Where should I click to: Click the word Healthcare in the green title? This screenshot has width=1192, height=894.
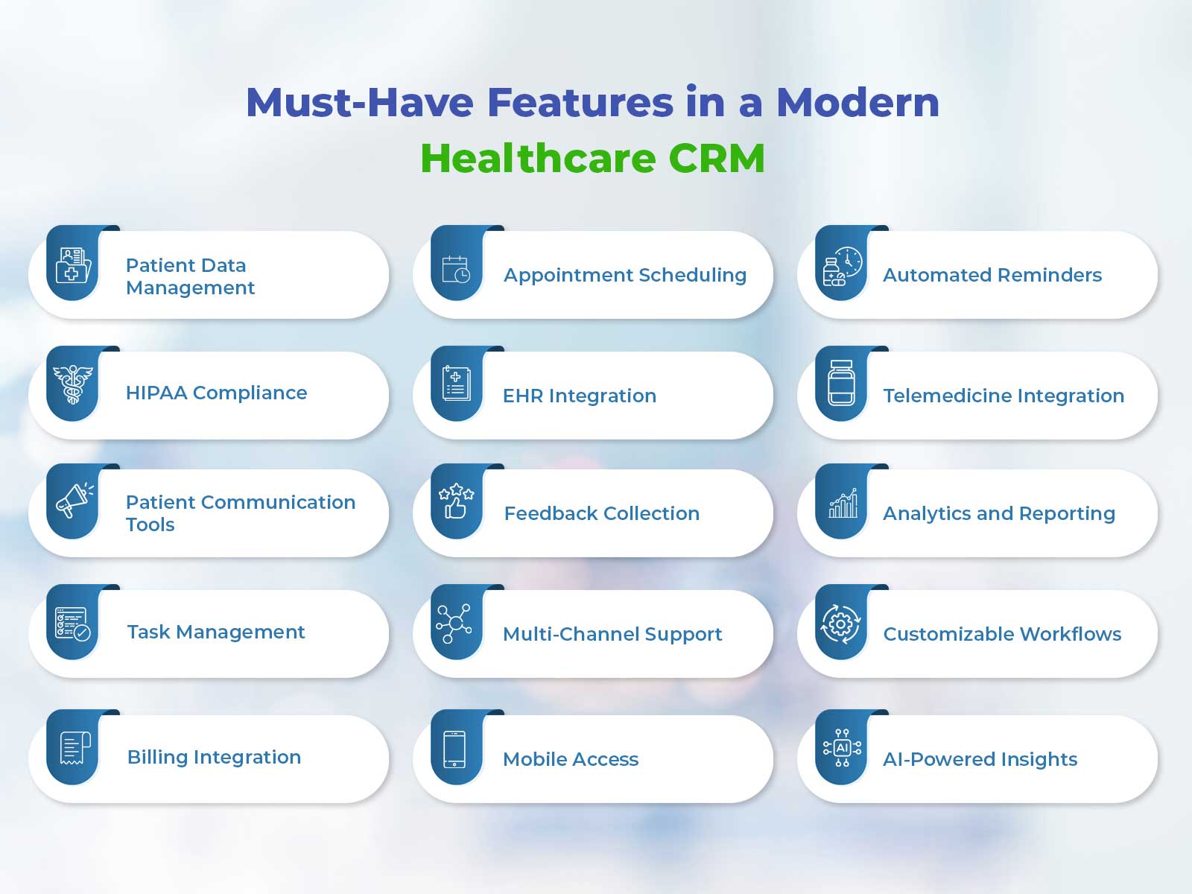539,158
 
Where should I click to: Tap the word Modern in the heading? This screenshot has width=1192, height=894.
857,102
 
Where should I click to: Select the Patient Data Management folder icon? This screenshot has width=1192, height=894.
73,265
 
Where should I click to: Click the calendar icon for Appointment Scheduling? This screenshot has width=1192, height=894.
456,269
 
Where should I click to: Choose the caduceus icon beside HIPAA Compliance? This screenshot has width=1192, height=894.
73,384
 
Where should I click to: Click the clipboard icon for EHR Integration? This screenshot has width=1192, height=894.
456,383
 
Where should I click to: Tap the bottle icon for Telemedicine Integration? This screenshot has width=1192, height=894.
841,383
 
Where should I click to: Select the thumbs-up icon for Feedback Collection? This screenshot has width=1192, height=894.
456,501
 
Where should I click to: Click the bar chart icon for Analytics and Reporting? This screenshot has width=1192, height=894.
843,503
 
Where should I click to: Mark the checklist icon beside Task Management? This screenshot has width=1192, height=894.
73,624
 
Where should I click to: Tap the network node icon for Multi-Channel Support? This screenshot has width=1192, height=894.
454,623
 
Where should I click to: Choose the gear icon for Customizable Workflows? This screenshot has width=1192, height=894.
840,624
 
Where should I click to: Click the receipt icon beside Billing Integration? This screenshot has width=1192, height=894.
75,748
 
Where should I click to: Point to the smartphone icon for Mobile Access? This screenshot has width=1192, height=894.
454,749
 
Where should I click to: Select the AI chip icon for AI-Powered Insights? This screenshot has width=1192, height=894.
842,748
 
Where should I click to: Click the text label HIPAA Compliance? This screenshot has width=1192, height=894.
216,393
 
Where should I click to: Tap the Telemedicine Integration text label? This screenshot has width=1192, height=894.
1003,396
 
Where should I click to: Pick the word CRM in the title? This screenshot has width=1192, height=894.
716,158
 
